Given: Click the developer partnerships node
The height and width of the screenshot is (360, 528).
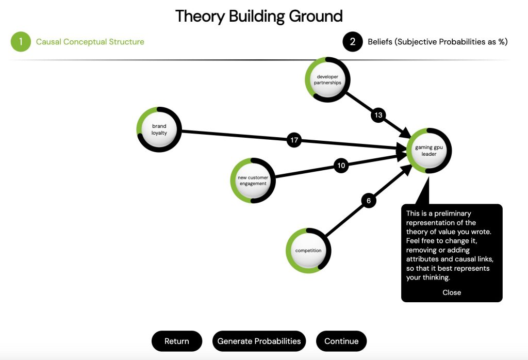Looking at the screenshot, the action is [x=327, y=79].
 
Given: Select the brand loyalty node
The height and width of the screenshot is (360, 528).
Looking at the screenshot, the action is [x=159, y=129].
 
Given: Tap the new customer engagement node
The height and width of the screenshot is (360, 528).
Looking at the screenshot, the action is [x=253, y=181].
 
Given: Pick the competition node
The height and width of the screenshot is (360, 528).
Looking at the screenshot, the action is [x=308, y=251].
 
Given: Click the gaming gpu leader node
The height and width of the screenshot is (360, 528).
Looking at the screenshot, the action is [x=429, y=151].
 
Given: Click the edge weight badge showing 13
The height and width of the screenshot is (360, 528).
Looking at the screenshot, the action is [x=378, y=115].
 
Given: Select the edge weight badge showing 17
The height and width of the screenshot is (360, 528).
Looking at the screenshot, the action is [x=294, y=140].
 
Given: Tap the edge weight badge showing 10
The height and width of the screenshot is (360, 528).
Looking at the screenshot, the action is [x=341, y=166].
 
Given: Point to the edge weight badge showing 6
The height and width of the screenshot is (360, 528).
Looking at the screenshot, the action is [x=369, y=201].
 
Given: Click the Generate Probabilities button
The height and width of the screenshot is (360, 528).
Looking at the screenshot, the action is [x=259, y=341].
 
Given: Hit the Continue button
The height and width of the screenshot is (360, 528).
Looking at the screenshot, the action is [x=341, y=341].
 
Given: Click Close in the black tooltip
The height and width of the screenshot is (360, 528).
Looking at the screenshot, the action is [x=452, y=292].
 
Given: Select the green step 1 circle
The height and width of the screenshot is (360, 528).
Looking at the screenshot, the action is [x=21, y=42].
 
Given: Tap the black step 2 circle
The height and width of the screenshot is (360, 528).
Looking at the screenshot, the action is [x=353, y=42].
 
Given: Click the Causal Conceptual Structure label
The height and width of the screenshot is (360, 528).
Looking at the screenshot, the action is [x=90, y=42].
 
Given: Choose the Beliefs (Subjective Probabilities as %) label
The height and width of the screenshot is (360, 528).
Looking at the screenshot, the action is [x=437, y=42].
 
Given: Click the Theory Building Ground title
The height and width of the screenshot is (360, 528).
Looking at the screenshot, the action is [x=259, y=16].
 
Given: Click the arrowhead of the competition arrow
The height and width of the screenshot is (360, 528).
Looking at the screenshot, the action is [x=407, y=169].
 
